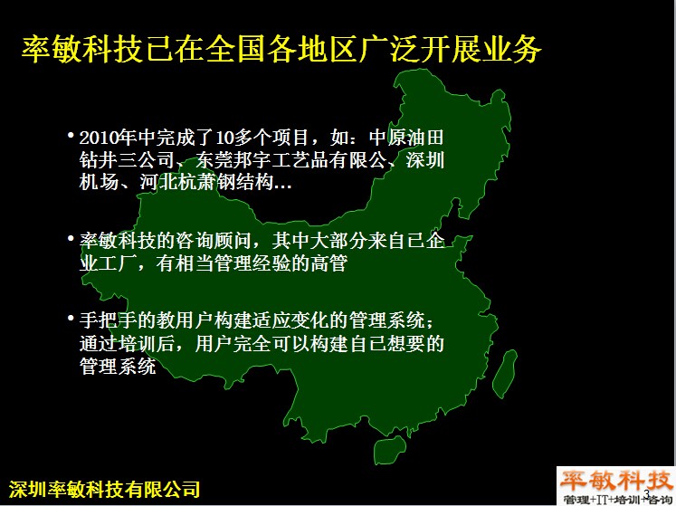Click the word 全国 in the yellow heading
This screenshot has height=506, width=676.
point(235,48)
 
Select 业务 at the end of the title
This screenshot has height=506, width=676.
point(511,48)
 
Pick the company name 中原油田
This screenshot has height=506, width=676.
point(406,138)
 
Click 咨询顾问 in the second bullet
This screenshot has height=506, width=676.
point(213,241)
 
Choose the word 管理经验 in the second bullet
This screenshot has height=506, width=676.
point(253,263)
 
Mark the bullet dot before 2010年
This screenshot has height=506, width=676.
point(71,136)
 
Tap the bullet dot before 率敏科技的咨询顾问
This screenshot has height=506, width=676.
point(71,239)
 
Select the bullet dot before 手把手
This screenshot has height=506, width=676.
point(71,319)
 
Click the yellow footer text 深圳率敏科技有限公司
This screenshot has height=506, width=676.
point(105,490)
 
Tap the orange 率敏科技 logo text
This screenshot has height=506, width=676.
point(615,481)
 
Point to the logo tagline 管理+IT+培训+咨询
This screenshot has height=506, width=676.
point(617,499)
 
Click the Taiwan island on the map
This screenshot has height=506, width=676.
point(505,374)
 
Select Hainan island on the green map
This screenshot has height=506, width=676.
point(390,450)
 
